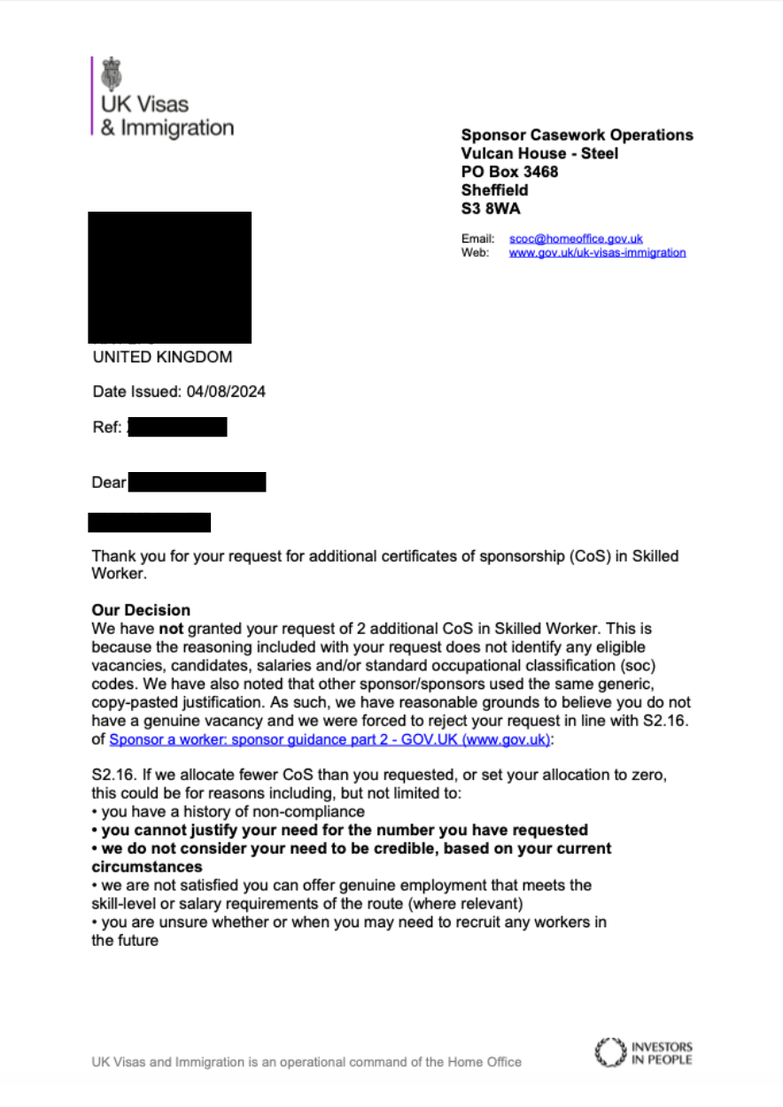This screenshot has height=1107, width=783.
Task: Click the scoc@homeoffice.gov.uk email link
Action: click(x=576, y=239)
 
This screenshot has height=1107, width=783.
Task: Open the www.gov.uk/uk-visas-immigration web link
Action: click(x=597, y=252)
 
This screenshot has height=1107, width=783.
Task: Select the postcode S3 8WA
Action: click(x=491, y=209)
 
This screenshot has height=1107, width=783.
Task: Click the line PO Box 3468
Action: click(x=509, y=172)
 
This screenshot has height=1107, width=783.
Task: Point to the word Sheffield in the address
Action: click(x=494, y=190)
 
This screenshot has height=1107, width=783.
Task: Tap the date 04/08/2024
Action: click(x=226, y=391)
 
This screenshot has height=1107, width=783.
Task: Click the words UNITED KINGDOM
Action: click(x=162, y=358)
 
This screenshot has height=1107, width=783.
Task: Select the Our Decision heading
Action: click(x=141, y=611)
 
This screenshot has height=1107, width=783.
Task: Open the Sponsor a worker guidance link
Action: click(x=330, y=739)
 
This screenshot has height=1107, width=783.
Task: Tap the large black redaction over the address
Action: click(x=170, y=277)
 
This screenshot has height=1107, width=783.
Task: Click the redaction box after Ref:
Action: click(x=177, y=428)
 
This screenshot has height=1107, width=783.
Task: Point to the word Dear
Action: click(x=109, y=484)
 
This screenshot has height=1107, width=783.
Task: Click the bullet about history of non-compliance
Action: click(x=229, y=812)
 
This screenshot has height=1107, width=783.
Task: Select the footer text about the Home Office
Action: click(x=306, y=1062)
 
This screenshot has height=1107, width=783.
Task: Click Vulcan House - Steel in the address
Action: click(x=539, y=154)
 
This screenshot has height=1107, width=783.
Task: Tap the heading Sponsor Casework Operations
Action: click(x=577, y=135)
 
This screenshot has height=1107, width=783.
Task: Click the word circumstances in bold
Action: click(x=147, y=867)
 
